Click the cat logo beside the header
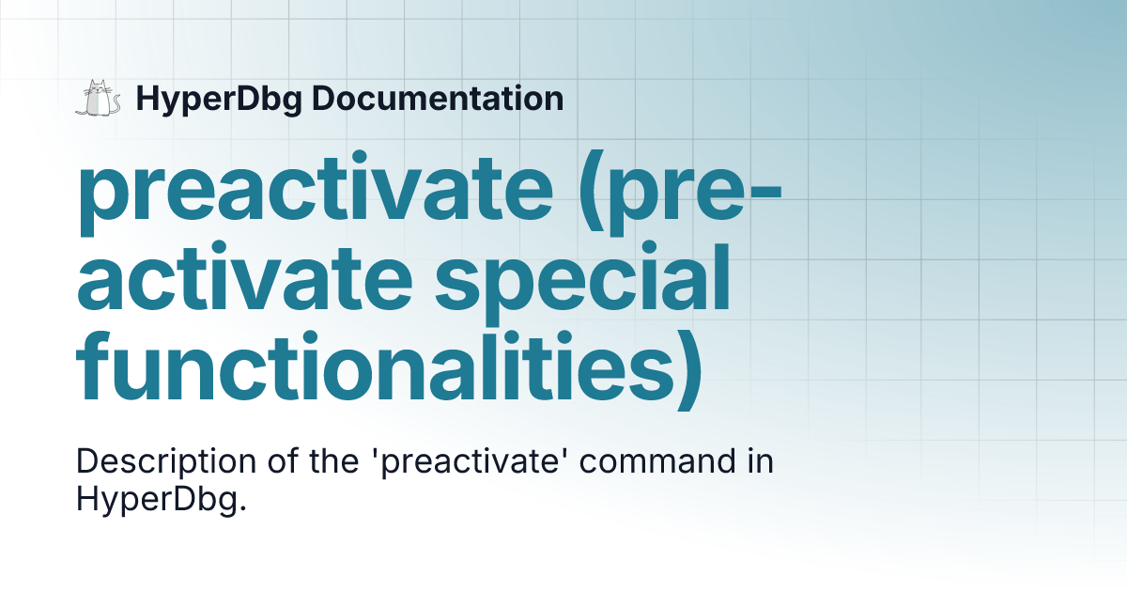tap(99, 99)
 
